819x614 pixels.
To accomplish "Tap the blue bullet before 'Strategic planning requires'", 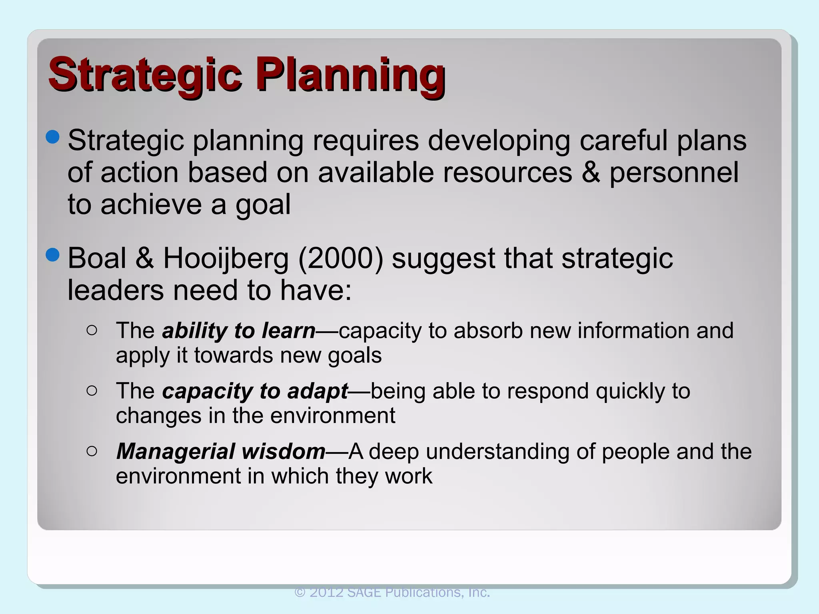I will [52, 137].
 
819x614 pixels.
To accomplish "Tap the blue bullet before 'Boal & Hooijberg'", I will [52, 254].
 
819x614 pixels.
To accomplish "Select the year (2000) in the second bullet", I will [340, 258].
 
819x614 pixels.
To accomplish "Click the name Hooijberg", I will [226, 259].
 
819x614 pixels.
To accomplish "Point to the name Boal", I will [97, 258].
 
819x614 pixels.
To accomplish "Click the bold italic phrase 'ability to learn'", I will [239, 331].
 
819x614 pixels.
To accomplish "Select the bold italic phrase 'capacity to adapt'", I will [255, 391].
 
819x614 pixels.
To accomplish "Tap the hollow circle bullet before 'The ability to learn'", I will [92, 330].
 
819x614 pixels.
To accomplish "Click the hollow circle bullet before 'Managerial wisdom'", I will [92, 451].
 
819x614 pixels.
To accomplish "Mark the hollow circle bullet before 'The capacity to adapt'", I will [92, 391].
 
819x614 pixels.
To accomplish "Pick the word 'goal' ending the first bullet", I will [263, 205].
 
